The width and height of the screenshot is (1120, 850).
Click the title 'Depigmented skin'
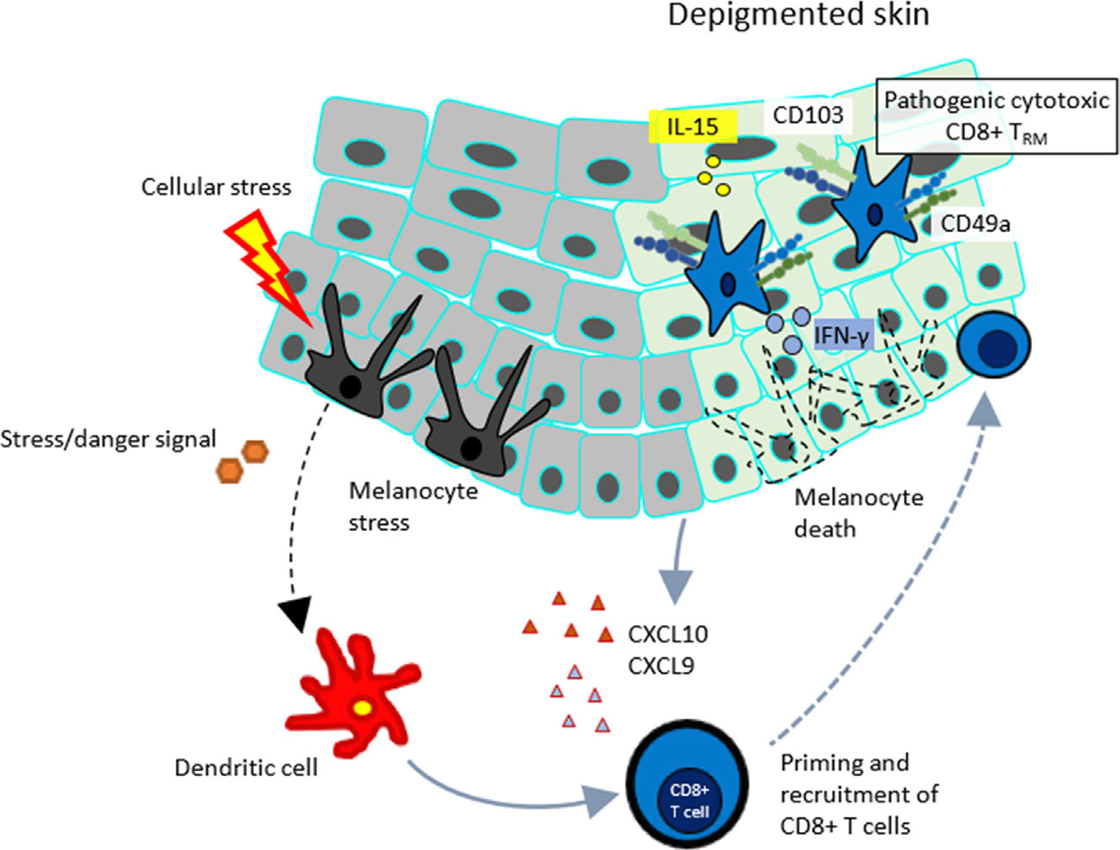pos(798,16)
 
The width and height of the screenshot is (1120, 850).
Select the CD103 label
pos(807,115)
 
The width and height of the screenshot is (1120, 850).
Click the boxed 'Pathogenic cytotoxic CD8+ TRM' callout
pos(995,116)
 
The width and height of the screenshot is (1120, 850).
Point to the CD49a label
pos(974,224)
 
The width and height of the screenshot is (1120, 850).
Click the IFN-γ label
pos(841,334)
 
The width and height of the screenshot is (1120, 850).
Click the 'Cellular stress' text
pos(216,187)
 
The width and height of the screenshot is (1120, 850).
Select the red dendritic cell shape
pos(353,702)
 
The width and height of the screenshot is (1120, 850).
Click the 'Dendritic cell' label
pos(246,767)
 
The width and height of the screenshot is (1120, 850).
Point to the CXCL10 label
pos(668,635)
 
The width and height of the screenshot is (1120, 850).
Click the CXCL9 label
pos(661,666)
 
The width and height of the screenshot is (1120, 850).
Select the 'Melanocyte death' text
pos(858,512)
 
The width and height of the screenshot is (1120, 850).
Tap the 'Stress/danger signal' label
pos(108,439)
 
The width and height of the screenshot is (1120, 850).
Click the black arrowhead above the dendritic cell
pos(297,612)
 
